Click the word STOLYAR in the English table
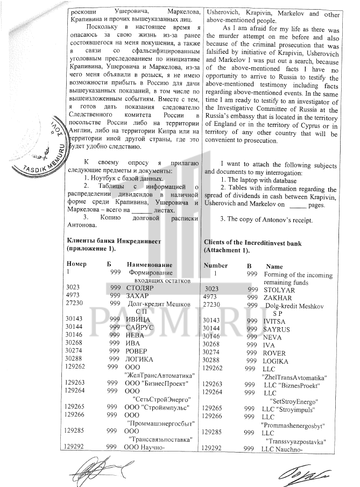pos(279,290)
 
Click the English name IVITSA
pos(274,320)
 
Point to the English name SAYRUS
pos(276,328)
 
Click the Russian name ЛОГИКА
pos(139,359)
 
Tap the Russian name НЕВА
pos(135,335)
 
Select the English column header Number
pos(215,265)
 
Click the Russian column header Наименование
pos(149,265)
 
